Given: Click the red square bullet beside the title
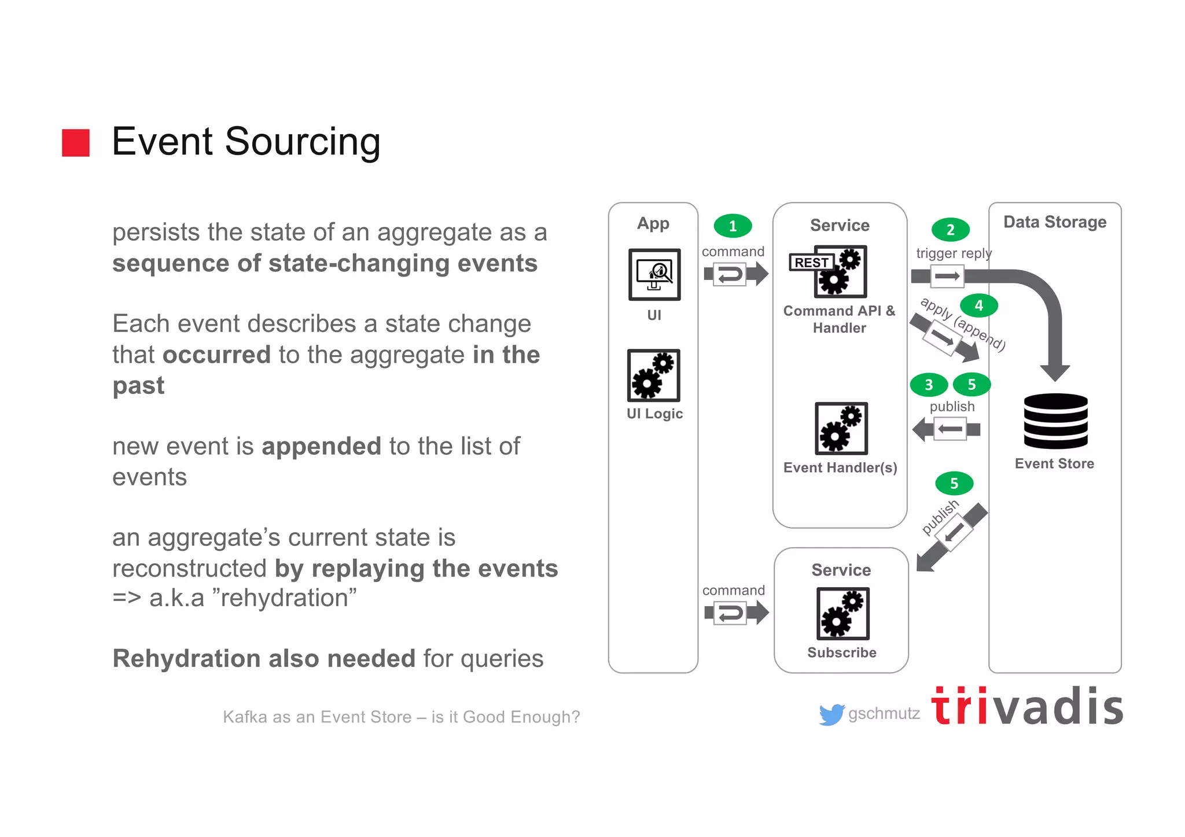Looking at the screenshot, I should tap(76, 143).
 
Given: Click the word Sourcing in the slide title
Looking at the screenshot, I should tap(303, 142).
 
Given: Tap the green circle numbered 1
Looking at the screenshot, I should tap(733, 226).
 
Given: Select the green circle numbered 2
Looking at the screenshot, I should tap(950, 230).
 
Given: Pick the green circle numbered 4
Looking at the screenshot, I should tap(978, 305).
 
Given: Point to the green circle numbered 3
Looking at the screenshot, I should tap(929, 385).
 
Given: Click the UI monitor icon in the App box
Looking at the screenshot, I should tap(654, 274).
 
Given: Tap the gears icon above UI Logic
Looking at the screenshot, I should tap(654, 375).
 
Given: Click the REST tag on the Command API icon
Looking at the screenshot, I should tap(811, 263).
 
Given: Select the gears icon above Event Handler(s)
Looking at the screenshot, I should tap(841, 429).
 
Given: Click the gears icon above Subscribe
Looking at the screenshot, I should tap(842, 613).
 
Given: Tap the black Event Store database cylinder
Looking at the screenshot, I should tap(1055, 421).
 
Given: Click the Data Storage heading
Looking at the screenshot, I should tap(1055, 222).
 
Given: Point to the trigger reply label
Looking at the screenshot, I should tap(954, 253).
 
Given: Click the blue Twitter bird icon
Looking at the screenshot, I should tap(831, 715).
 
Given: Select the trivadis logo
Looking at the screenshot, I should tap(1027, 707).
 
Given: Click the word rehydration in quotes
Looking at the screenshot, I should tap(285, 598).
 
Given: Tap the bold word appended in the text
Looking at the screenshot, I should tap(321, 447).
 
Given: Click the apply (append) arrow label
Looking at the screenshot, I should tap(963, 323).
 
